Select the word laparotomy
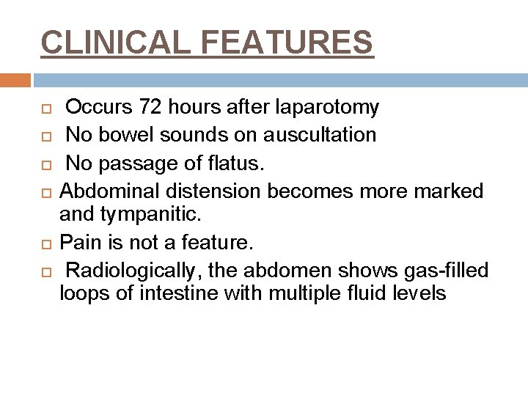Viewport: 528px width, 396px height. [x=329, y=108]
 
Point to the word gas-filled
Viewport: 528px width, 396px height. [x=444, y=271]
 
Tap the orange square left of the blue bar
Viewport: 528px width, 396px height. [x=15, y=80]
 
